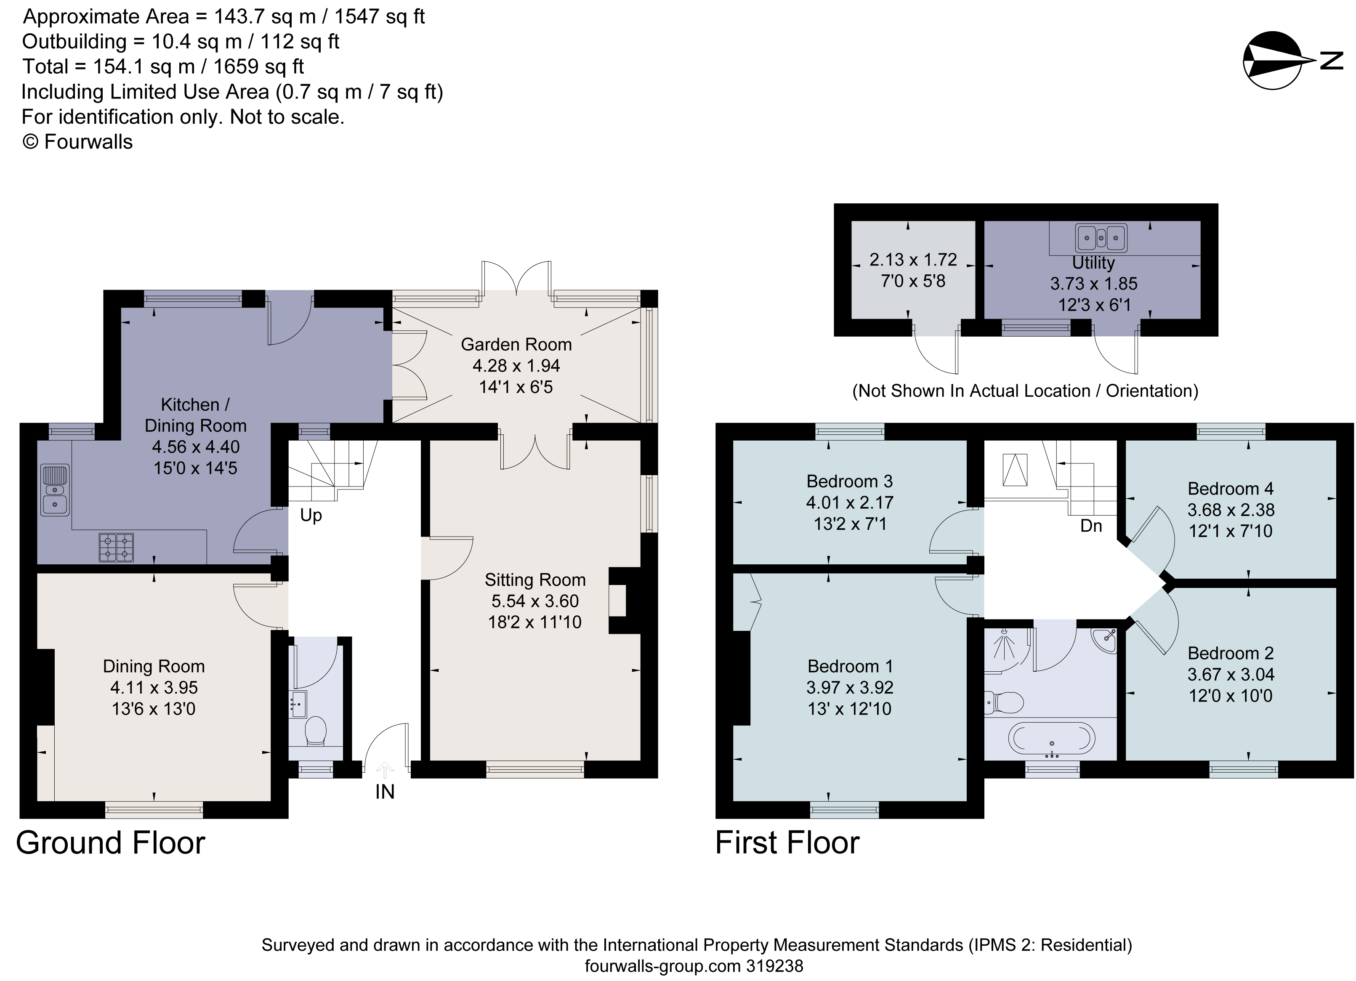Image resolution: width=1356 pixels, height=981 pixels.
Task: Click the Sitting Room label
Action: pyautogui.click(x=534, y=580)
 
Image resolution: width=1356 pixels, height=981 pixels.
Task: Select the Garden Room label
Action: pyautogui.click(x=516, y=344)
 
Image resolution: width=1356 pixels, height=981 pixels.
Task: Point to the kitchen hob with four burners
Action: pyautogui.click(x=116, y=547)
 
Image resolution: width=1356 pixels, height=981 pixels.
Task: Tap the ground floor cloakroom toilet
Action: pyautogui.click(x=316, y=731)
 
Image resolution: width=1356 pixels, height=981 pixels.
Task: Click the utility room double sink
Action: pyautogui.click(x=1101, y=238)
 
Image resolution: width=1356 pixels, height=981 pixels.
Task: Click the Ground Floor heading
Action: pyautogui.click(x=111, y=843)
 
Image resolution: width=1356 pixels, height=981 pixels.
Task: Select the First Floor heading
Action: pyautogui.click(x=787, y=843)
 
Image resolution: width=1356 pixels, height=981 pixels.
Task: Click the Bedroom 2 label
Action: pyautogui.click(x=1231, y=654)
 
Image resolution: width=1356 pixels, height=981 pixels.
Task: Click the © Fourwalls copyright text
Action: pyautogui.click(x=78, y=142)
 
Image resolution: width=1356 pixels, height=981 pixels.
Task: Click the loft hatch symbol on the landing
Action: pyautogui.click(x=1015, y=469)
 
